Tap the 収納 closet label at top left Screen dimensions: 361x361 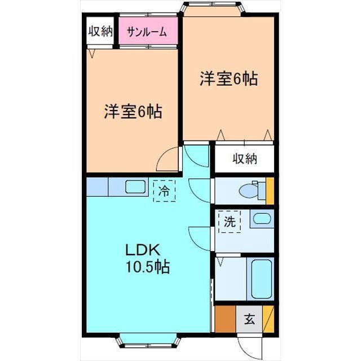(101, 32)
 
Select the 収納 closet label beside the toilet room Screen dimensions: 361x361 (245, 159)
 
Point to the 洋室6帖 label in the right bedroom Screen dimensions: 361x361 (228, 80)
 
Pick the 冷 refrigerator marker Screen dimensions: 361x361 (164, 191)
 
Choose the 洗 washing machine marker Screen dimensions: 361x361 (230, 222)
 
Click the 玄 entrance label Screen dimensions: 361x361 (249, 320)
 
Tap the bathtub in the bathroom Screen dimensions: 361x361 (261, 279)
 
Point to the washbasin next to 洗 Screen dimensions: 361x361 (259, 218)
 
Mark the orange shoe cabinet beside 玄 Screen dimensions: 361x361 (226, 319)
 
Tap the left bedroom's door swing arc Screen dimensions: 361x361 (168, 160)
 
